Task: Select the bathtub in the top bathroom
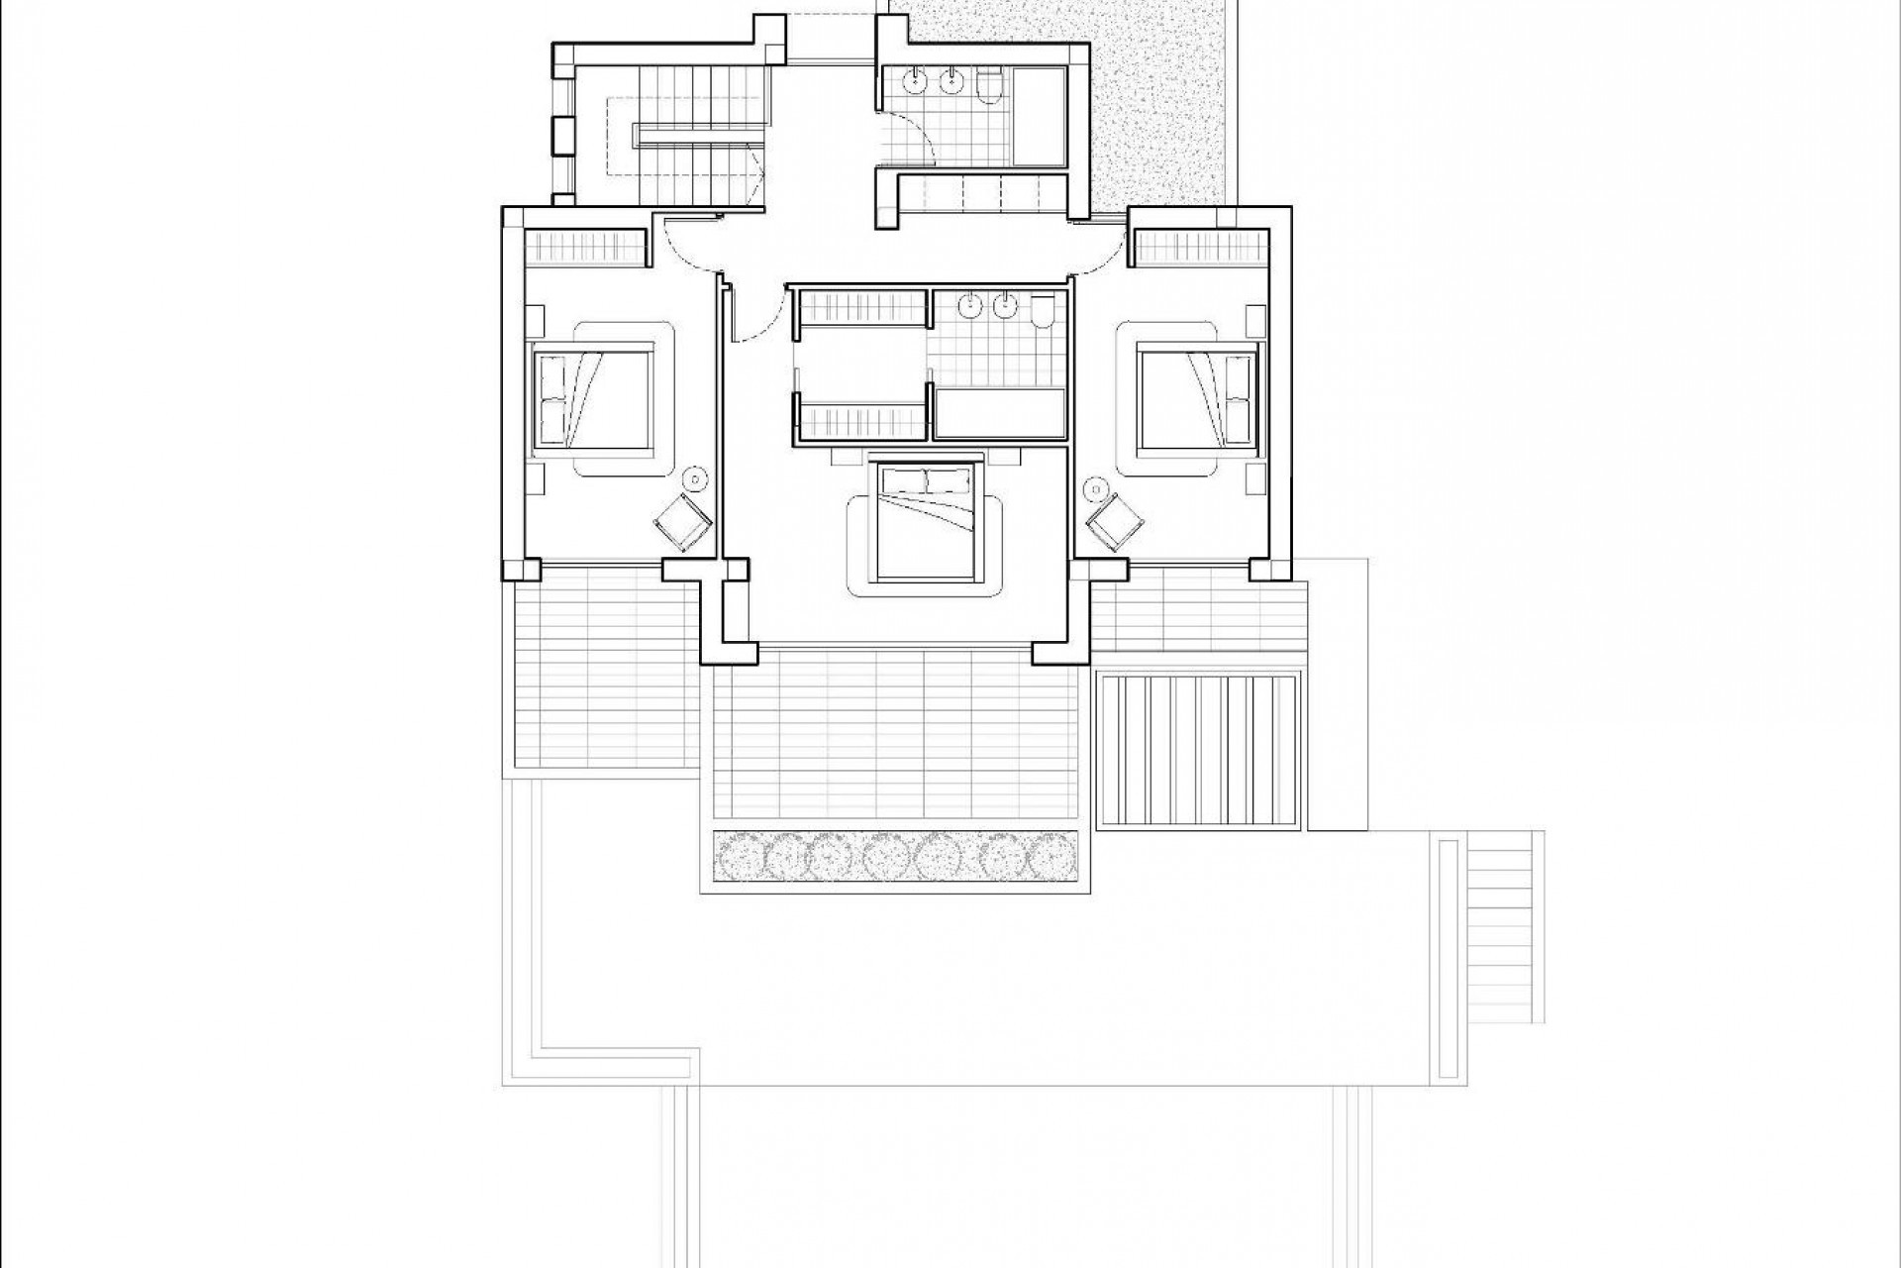click(1039, 116)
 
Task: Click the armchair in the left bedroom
click(683, 521)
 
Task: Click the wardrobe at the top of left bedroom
click(583, 246)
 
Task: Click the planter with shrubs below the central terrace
click(895, 855)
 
